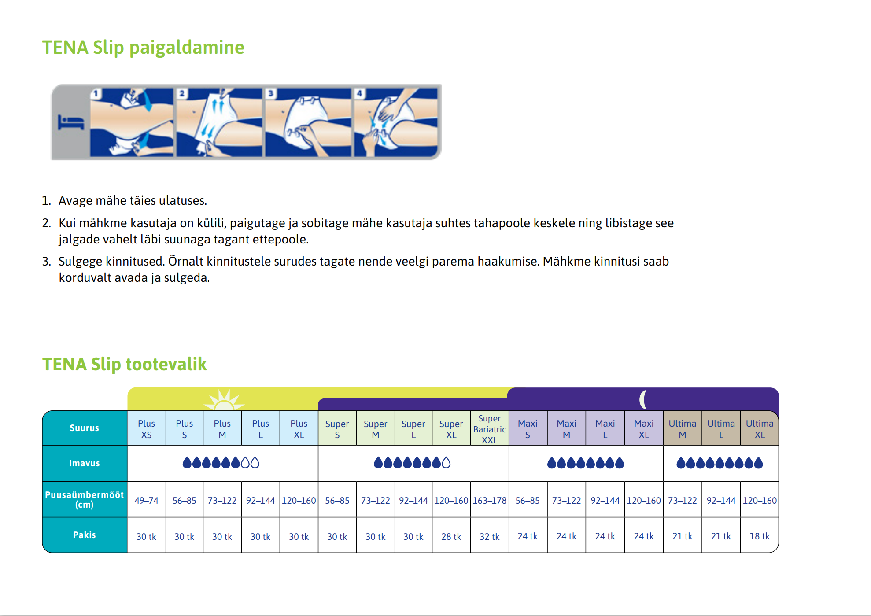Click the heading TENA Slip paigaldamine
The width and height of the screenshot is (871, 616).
coord(143,48)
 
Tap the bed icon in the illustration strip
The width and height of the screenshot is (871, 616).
coord(71,122)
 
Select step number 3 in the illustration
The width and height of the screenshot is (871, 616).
coord(271,93)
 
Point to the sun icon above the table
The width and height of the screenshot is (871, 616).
coord(224,400)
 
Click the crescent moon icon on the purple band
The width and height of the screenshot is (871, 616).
coord(643,399)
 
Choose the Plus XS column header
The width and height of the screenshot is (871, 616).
coord(146,429)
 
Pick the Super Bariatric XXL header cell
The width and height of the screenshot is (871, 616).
coord(490,429)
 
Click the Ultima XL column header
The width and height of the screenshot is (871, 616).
coord(760,429)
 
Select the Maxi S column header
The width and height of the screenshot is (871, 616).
coord(528,429)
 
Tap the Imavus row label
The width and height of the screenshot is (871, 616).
coord(84,463)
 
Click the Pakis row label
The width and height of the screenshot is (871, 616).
coord(84,535)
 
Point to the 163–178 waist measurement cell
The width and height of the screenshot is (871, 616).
coord(490,501)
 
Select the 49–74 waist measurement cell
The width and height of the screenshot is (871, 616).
coord(146,501)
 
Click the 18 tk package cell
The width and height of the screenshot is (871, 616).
coord(760,536)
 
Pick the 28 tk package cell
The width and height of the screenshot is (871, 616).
coord(451,536)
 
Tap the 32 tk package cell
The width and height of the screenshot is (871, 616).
coord(490,536)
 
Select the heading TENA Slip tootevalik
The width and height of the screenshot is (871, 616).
coord(125,365)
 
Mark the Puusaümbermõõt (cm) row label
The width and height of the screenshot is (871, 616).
coord(84,500)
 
